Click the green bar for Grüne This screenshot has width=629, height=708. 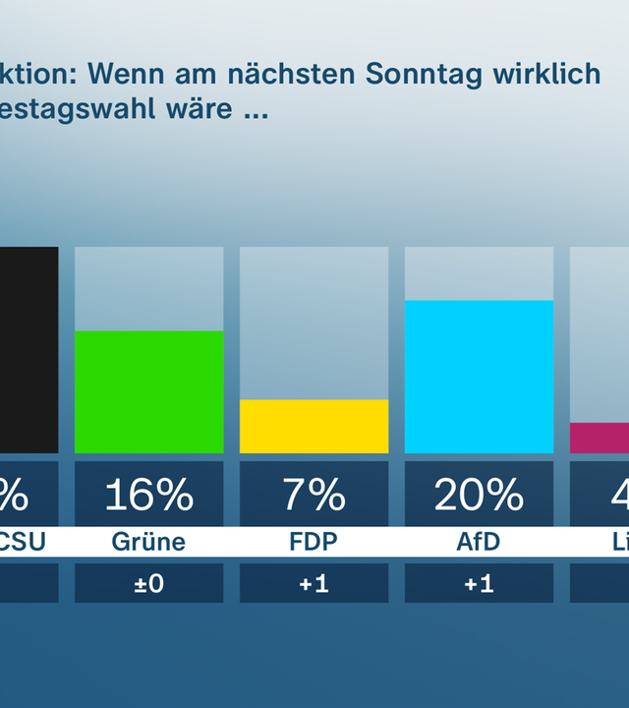click(x=148, y=391)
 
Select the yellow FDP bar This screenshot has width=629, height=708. click(x=314, y=426)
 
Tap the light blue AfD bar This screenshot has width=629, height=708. click(x=479, y=377)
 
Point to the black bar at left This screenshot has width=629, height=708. click(x=29, y=349)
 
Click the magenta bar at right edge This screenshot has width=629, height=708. click(x=600, y=438)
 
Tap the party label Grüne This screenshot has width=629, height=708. click(x=148, y=542)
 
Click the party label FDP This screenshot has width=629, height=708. click(x=314, y=542)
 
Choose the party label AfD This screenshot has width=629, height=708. click(x=479, y=542)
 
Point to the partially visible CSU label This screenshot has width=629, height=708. click(x=22, y=542)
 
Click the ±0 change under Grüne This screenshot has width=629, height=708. click(x=148, y=583)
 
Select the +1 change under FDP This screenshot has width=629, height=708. click(x=314, y=583)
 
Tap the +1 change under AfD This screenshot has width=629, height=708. click(x=479, y=583)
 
